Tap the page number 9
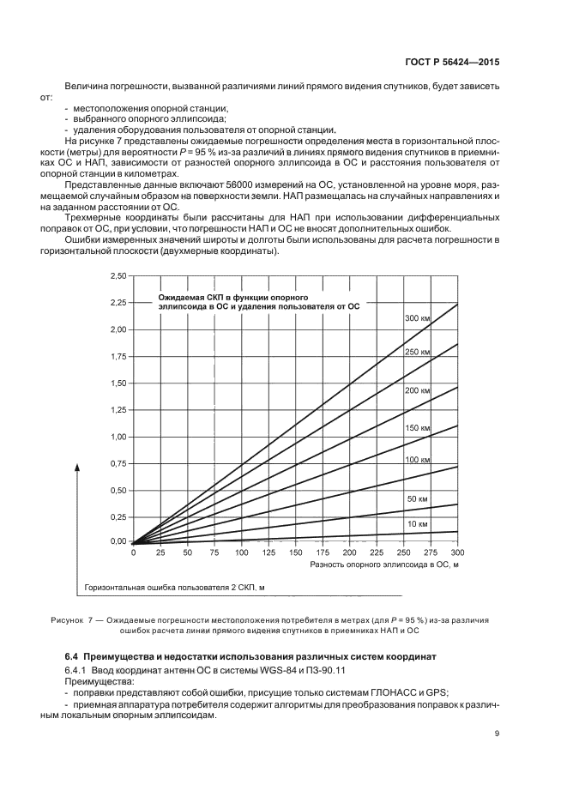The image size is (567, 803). (x=498, y=733)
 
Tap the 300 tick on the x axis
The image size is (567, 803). (x=457, y=553)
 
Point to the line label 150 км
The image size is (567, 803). (x=417, y=427)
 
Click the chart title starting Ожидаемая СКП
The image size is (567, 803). (x=257, y=300)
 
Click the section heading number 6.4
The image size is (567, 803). (x=73, y=655)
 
